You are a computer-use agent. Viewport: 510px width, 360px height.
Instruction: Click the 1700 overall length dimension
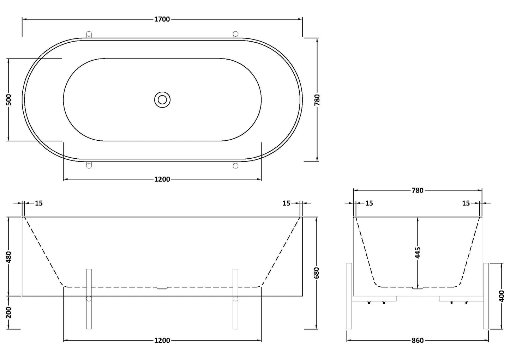click(162, 19)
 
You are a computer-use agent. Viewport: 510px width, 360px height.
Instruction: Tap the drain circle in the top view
click(162, 100)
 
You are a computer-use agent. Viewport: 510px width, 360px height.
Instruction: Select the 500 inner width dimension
click(9, 100)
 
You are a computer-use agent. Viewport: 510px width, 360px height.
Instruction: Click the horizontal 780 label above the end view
click(417, 190)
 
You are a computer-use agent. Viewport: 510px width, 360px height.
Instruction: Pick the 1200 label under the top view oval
click(162, 179)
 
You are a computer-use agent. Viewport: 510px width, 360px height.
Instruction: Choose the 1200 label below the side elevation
click(162, 341)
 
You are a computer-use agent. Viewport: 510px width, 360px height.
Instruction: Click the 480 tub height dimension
click(9, 257)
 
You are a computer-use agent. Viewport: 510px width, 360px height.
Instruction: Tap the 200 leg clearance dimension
click(9, 312)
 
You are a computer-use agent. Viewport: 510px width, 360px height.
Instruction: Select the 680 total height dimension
click(316, 273)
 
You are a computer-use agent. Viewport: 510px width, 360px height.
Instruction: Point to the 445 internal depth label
click(418, 253)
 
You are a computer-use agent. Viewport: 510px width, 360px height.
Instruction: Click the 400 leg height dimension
click(501, 296)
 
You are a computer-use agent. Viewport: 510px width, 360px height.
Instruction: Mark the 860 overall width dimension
click(417, 341)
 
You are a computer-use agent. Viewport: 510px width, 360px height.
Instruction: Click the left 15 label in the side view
click(39, 203)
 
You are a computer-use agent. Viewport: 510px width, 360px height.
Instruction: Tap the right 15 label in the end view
click(466, 203)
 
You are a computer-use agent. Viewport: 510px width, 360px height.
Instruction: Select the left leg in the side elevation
click(89, 299)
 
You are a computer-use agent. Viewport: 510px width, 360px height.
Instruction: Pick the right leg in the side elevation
click(235, 299)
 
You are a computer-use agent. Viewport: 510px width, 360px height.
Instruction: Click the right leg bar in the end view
click(486, 296)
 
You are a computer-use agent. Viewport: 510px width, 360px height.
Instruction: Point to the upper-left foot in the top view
click(89, 34)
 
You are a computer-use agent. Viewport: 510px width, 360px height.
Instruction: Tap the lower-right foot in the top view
click(235, 165)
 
